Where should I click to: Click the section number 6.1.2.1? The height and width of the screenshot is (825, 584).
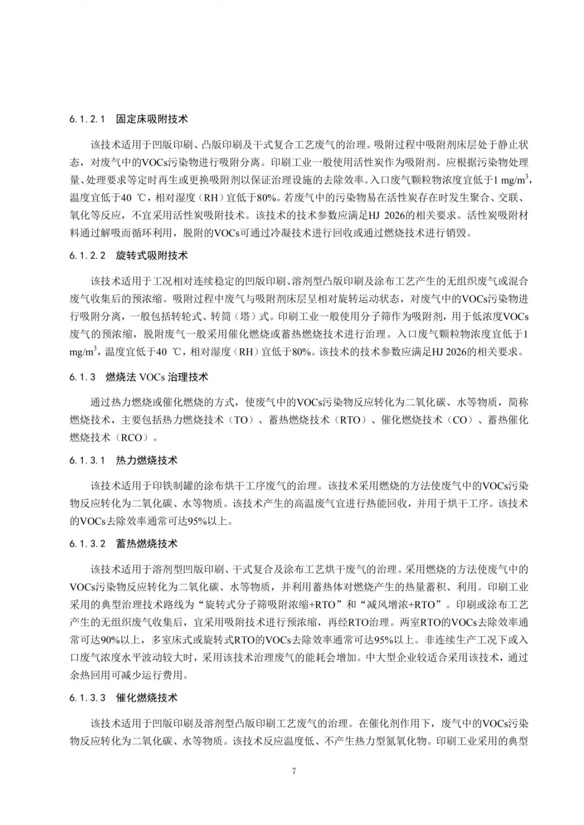(87, 119)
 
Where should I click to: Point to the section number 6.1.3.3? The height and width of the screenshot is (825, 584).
(87, 698)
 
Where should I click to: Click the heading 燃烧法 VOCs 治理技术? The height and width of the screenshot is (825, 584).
(157, 377)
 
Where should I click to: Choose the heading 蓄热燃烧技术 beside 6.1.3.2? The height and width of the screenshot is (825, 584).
(147, 544)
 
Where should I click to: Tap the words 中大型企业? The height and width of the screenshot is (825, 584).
(391, 658)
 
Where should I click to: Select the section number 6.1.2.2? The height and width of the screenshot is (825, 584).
(87, 256)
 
